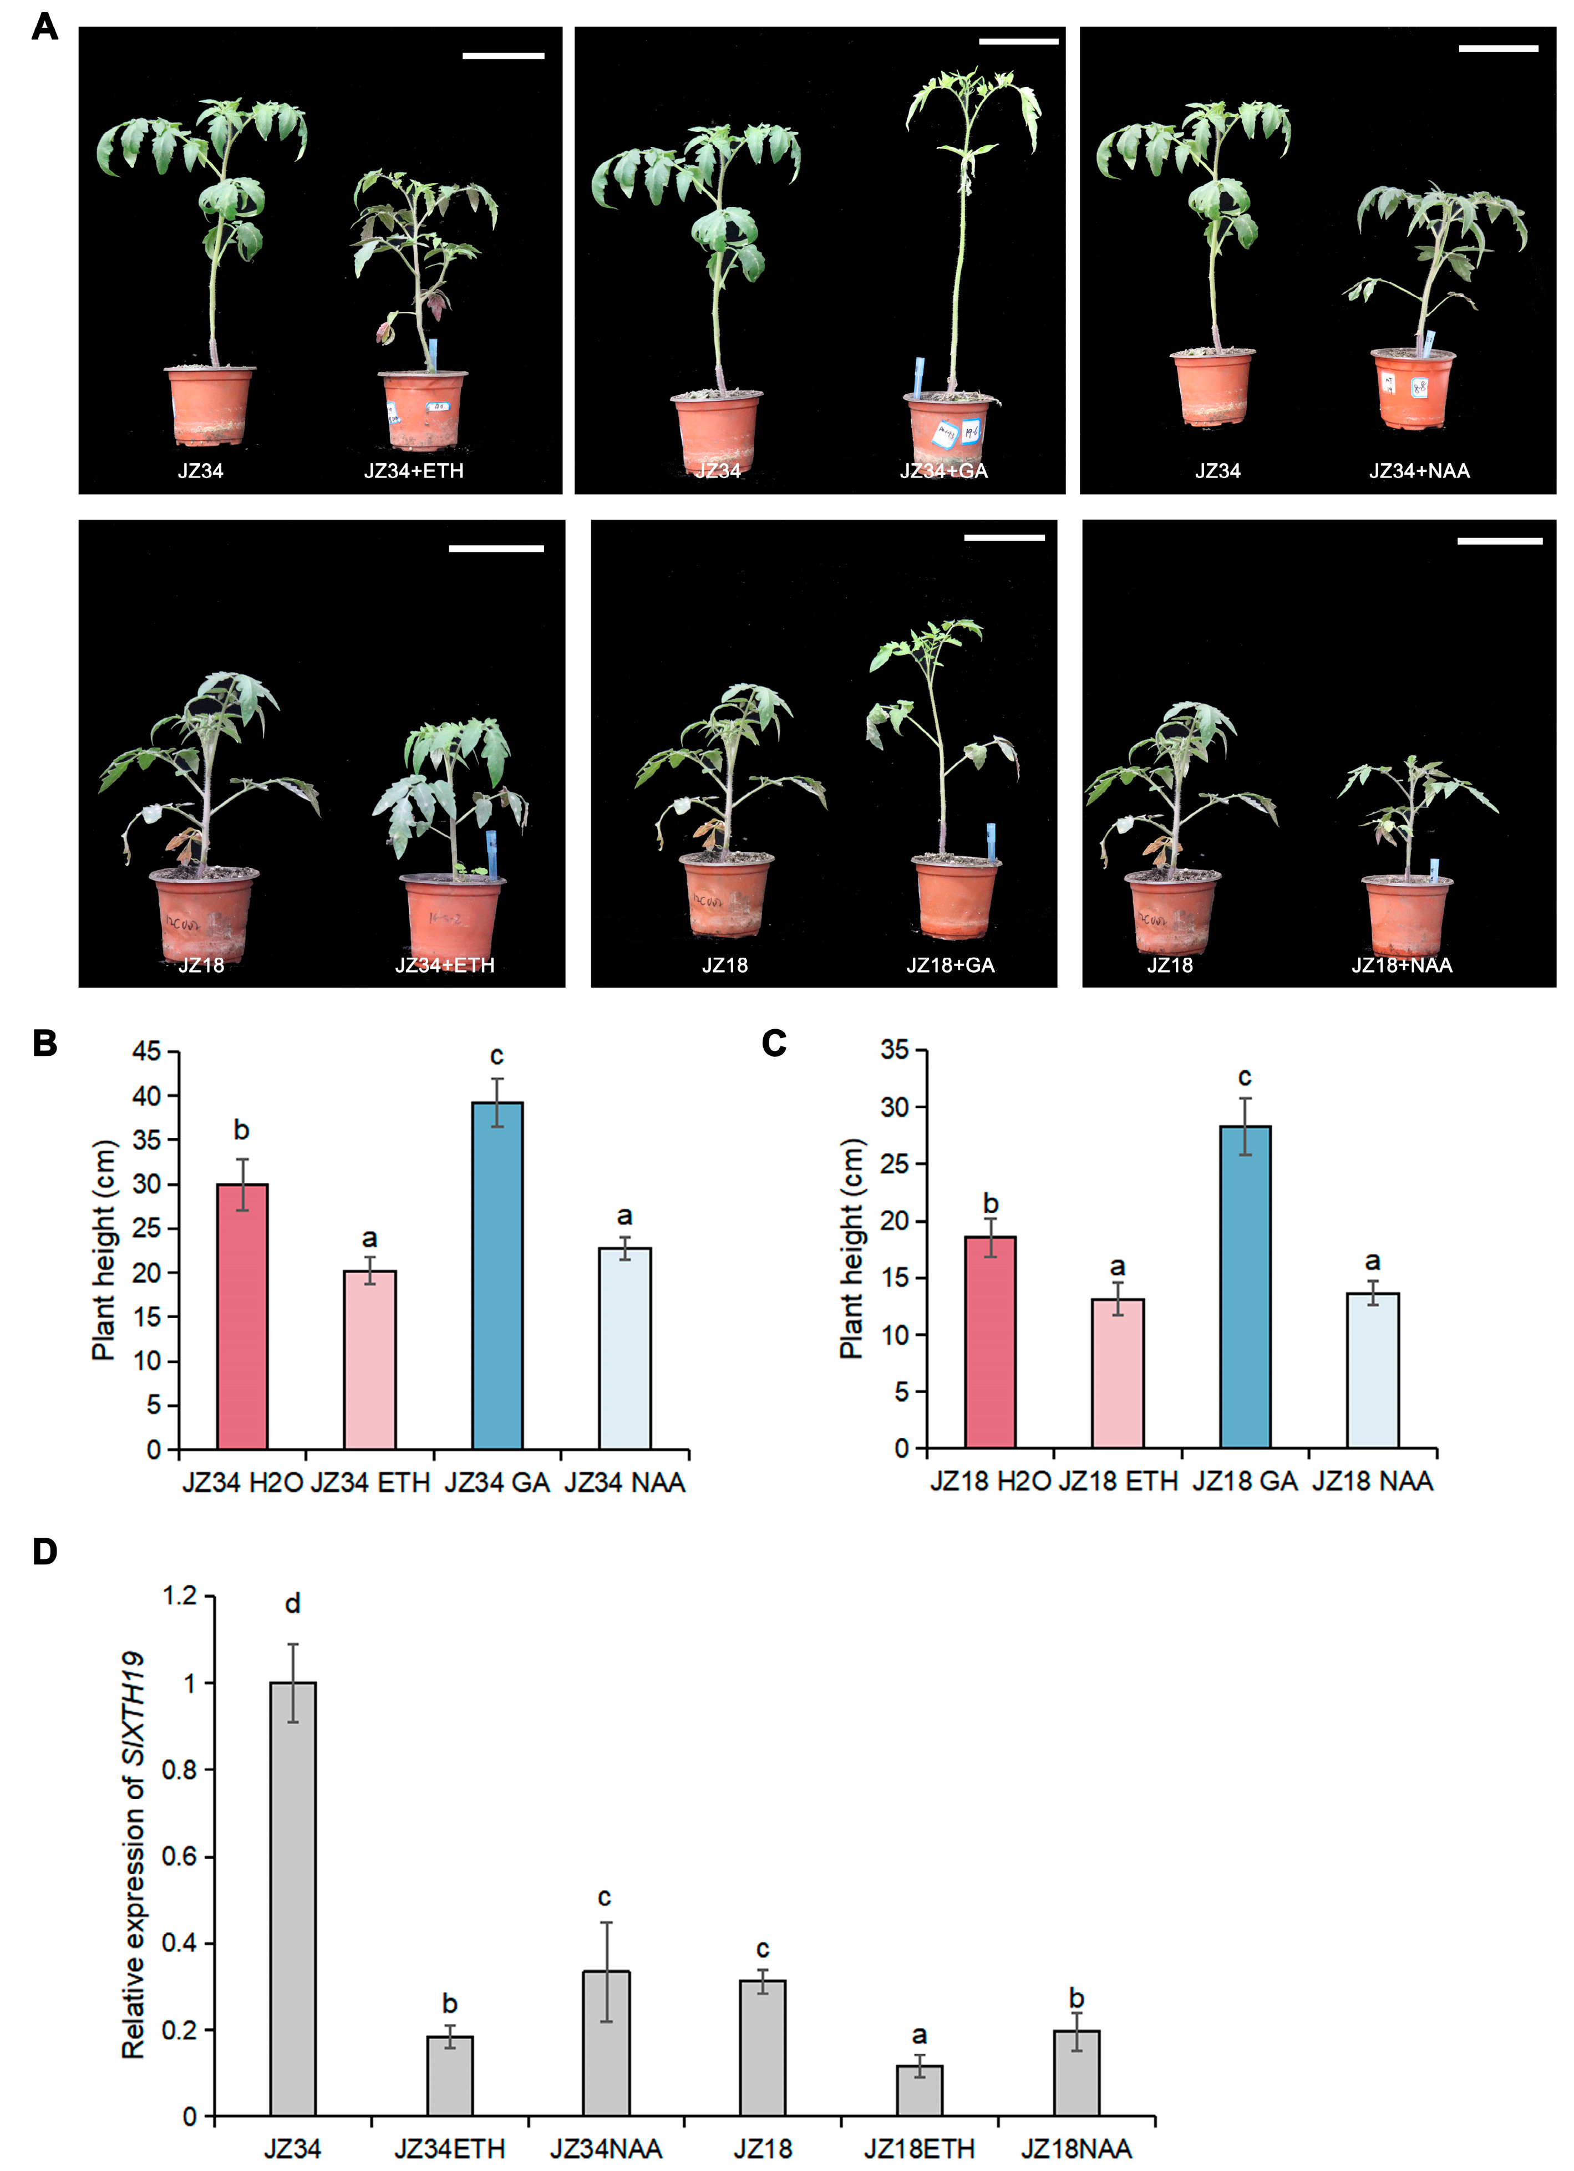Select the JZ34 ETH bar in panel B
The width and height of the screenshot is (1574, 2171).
369,1359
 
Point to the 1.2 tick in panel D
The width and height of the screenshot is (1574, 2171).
180,1596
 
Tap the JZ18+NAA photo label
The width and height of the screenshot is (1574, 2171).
1402,965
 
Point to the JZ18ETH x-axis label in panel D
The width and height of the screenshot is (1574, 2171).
919,2149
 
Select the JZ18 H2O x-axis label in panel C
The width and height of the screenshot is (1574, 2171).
990,1482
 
